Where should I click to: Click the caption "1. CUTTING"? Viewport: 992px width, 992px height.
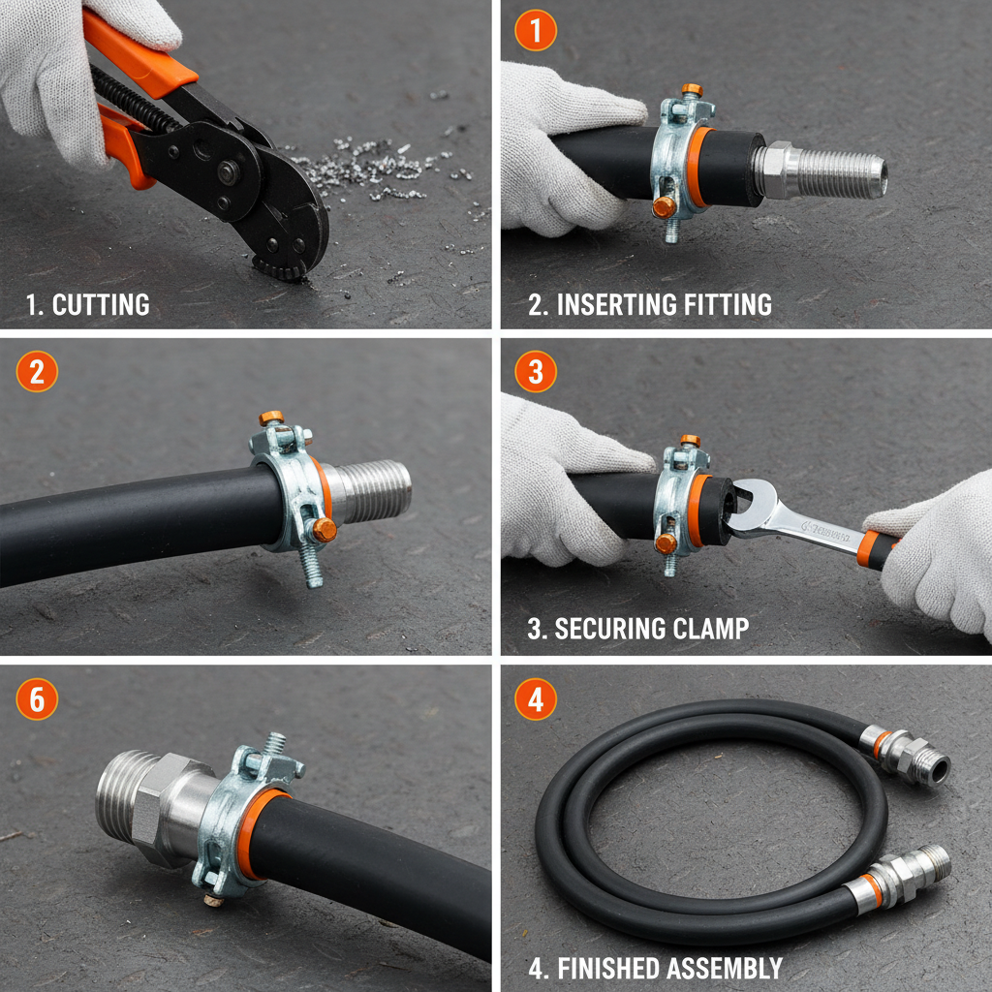(x=87, y=304)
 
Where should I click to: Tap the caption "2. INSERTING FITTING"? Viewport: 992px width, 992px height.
(x=649, y=304)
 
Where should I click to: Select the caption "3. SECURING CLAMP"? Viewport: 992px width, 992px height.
(x=637, y=628)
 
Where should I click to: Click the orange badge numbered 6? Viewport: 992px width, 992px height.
(x=36, y=698)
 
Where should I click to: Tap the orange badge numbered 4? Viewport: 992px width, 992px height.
(x=535, y=698)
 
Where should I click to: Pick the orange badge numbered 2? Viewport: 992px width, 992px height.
(x=36, y=372)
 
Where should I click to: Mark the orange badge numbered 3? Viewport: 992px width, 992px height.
(x=535, y=372)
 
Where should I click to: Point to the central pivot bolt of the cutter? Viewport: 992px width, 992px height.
(x=229, y=172)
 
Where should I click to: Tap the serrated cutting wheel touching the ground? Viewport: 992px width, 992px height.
(x=281, y=266)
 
